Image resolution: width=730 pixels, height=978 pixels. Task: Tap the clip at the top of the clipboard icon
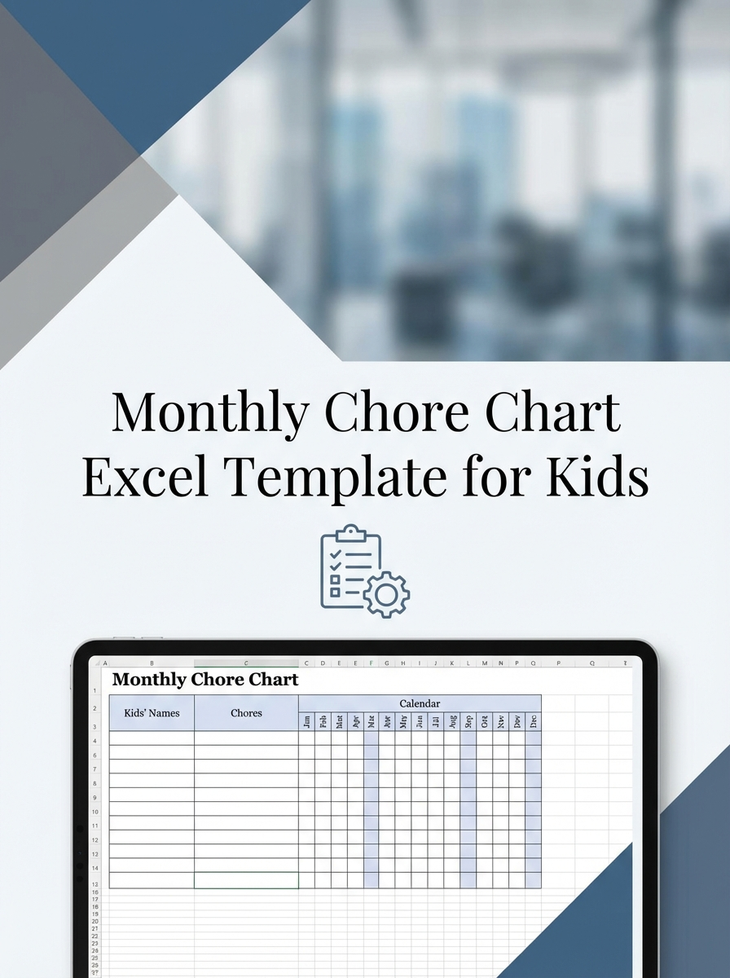[350, 533]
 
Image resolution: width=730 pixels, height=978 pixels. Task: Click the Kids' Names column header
[152, 713]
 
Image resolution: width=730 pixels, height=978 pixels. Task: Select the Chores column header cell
[246, 713]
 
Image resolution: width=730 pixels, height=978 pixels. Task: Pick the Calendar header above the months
[420, 703]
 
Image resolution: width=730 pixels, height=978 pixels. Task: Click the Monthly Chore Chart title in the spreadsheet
[205, 679]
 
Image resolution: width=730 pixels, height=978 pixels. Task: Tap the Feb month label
[323, 720]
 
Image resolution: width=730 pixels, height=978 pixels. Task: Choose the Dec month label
[534, 720]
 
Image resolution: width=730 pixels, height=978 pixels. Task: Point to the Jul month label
[436, 720]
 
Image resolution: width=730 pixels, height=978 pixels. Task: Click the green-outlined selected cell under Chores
[246, 880]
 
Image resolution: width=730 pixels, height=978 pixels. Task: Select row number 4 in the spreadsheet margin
[95, 741]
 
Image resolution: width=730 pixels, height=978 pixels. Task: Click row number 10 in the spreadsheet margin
[95, 812]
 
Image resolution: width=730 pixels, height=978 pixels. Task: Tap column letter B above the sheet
[152, 663]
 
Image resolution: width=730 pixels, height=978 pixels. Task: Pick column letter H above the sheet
[403, 663]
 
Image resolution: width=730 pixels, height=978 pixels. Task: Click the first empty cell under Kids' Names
[152, 738]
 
